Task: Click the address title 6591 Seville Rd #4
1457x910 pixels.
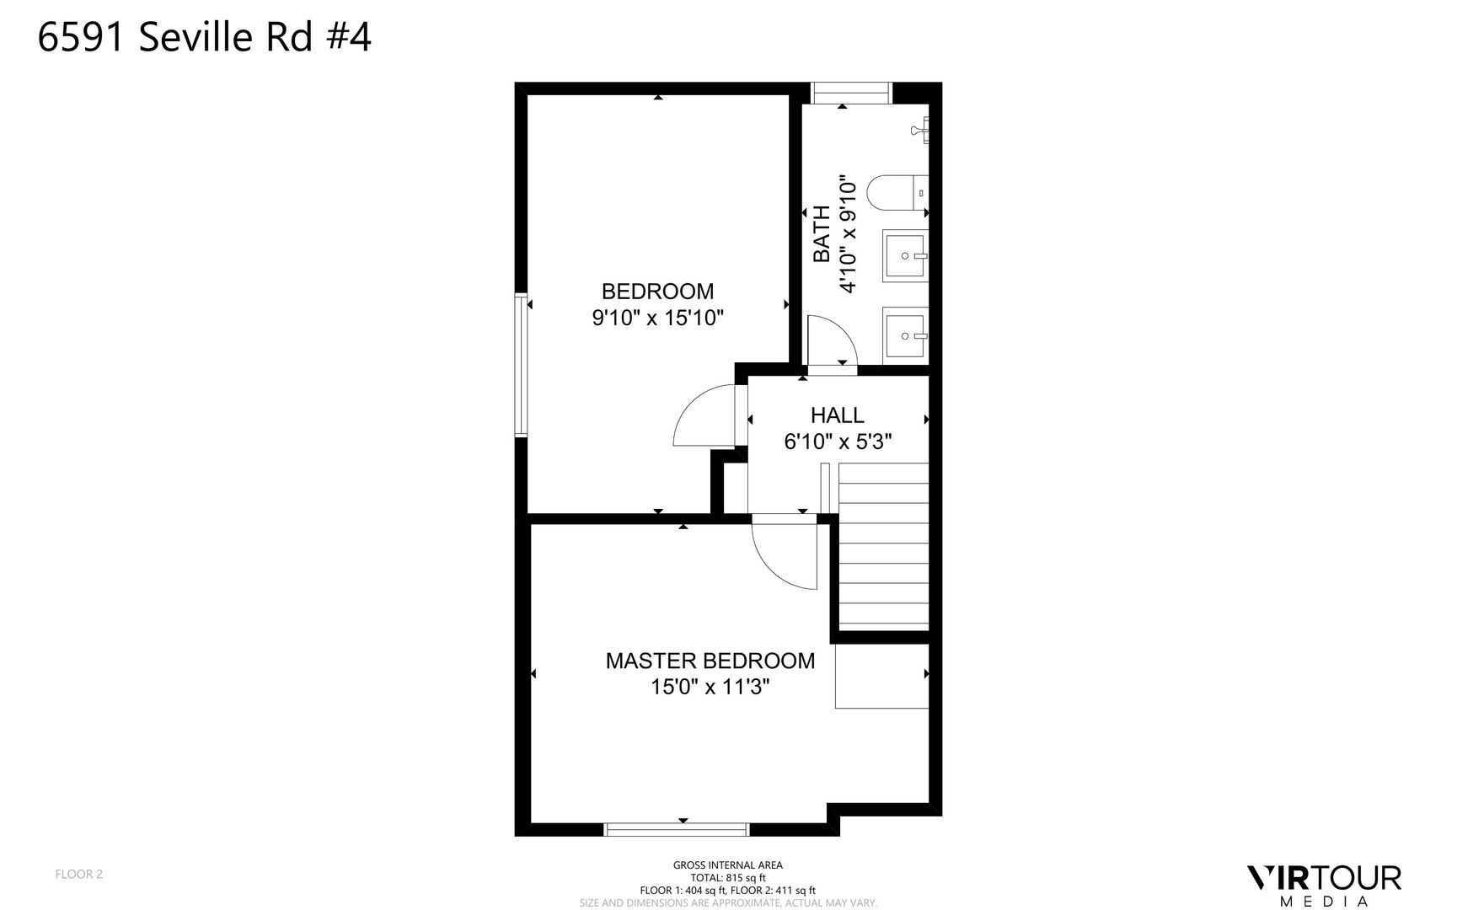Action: pyautogui.click(x=205, y=38)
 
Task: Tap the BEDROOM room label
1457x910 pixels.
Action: pyautogui.click(x=657, y=292)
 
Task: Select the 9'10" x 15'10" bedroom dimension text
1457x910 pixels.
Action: pyautogui.click(x=657, y=318)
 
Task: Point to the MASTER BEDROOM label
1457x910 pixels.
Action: pyautogui.click(x=710, y=661)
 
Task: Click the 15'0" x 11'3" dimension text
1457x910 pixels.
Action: pyautogui.click(x=710, y=687)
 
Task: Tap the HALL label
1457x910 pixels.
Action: pyautogui.click(x=837, y=415)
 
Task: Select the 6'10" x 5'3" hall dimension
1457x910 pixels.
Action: pyautogui.click(x=838, y=442)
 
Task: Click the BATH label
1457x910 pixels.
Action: pyautogui.click(x=822, y=233)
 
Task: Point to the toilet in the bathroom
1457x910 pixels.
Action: pyautogui.click(x=897, y=192)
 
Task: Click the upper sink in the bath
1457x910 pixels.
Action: pyautogui.click(x=905, y=254)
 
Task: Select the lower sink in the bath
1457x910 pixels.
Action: pyautogui.click(x=905, y=335)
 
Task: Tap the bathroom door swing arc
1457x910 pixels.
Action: pyautogui.click(x=832, y=340)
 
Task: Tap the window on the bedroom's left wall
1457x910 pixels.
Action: pyautogui.click(x=522, y=365)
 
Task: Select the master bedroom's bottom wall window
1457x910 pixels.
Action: pyautogui.click(x=677, y=830)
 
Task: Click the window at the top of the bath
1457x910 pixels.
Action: pyautogui.click(x=850, y=93)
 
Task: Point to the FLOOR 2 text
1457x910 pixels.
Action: pyautogui.click(x=79, y=874)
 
